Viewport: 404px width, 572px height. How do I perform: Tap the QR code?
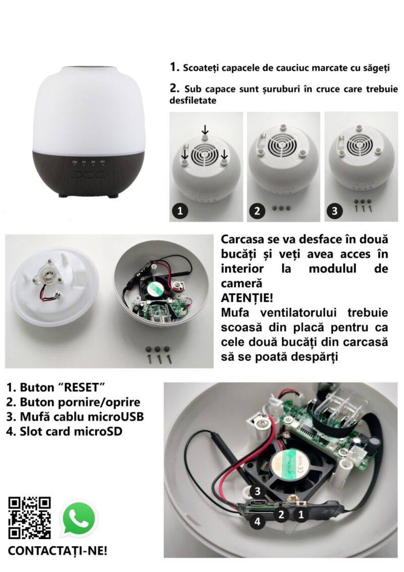pyautogui.click(x=29, y=517)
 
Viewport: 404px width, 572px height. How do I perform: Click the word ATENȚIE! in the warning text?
pyautogui.click(x=247, y=298)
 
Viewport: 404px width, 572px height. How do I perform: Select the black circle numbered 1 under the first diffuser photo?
pyautogui.click(x=180, y=211)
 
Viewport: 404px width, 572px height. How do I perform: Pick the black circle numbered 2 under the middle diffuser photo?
pyautogui.click(x=258, y=211)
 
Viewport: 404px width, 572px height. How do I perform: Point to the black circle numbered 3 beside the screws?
pyautogui.click(x=335, y=211)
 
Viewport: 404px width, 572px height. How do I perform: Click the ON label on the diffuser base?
pyautogui.click(x=75, y=162)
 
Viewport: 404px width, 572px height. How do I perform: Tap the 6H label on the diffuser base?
pyautogui.click(x=103, y=162)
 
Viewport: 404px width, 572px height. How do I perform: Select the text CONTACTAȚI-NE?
pyautogui.click(x=58, y=550)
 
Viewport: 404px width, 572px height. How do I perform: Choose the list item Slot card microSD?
pyautogui.click(x=64, y=432)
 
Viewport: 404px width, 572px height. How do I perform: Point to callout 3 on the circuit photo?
pyautogui.click(x=258, y=491)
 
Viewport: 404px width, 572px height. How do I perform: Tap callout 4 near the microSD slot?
pyautogui.click(x=258, y=521)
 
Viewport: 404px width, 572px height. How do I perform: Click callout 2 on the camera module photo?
pyautogui.click(x=281, y=515)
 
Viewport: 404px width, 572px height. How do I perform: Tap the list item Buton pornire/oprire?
pyautogui.click(x=73, y=402)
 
